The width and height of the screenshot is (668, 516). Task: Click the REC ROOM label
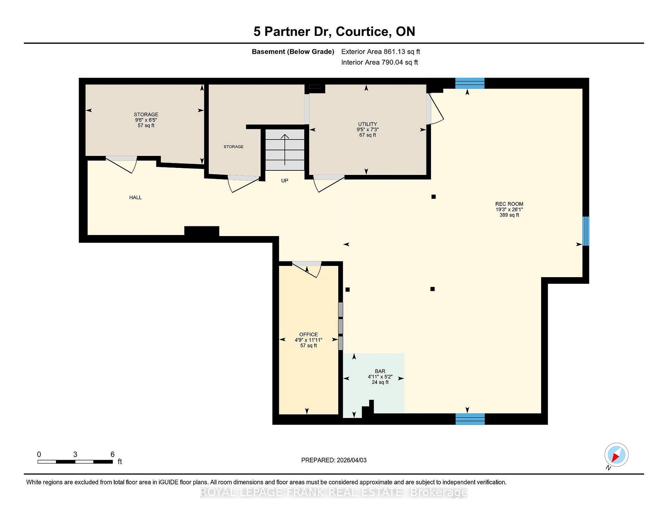(x=509, y=204)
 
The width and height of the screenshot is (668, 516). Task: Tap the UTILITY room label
(x=367, y=124)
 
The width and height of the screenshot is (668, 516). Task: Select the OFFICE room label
(x=308, y=334)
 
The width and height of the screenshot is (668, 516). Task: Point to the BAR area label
(x=380, y=371)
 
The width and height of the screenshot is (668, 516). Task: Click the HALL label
(x=135, y=197)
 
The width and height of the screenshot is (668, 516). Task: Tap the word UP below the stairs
(x=284, y=181)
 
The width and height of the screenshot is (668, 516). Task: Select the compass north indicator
(x=616, y=455)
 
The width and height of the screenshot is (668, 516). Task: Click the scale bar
(x=75, y=462)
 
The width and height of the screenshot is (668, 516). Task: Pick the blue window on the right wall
(x=586, y=231)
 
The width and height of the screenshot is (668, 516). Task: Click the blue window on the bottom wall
(x=470, y=419)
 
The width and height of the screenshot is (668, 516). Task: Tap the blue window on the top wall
(x=470, y=83)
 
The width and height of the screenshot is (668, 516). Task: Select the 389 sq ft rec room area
(x=509, y=215)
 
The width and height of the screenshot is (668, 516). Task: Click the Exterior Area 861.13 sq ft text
(x=380, y=52)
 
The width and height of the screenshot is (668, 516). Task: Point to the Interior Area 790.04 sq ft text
(x=379, y=63)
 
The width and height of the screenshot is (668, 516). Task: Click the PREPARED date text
(x=334, y=460)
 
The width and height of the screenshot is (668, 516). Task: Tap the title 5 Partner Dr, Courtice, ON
(x=334, y=32)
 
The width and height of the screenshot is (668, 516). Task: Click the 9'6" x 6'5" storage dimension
(x=146, y=120)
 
